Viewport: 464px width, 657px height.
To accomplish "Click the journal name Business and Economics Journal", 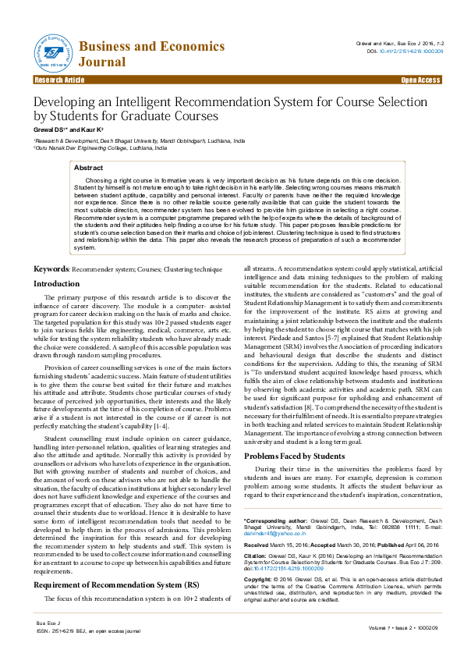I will pos(151,54).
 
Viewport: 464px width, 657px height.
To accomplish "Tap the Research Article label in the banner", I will pos(59,80).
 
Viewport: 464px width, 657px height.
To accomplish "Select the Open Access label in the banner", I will pos(420,80).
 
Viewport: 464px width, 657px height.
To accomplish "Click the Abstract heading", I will pos(88,168).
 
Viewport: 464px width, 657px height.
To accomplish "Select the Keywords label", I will pos(51,268).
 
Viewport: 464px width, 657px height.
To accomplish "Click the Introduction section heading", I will pos(56,284).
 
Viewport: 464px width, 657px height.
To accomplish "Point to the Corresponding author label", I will pos(278,519).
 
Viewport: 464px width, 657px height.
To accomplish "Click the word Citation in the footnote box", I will pos(257,560).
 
